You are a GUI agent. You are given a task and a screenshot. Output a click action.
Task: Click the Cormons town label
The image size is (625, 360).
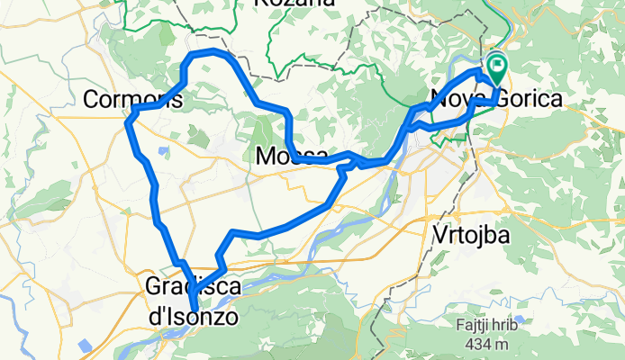click(x=132, y=99)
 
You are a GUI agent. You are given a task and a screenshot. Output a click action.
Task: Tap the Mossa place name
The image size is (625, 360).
click(x=291, y=156)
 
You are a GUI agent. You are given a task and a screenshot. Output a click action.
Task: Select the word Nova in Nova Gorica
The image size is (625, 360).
click(x=459, y=98)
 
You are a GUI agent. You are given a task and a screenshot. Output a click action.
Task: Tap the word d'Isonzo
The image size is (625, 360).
click(x=191, y=316)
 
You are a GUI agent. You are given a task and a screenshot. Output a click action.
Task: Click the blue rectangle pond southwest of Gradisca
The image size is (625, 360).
click(x=84, y=345)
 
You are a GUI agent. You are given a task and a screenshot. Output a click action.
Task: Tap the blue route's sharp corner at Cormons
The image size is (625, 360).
click(x=132, y=111)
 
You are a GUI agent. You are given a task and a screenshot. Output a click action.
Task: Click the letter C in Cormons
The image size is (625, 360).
click(x=90, y=99)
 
